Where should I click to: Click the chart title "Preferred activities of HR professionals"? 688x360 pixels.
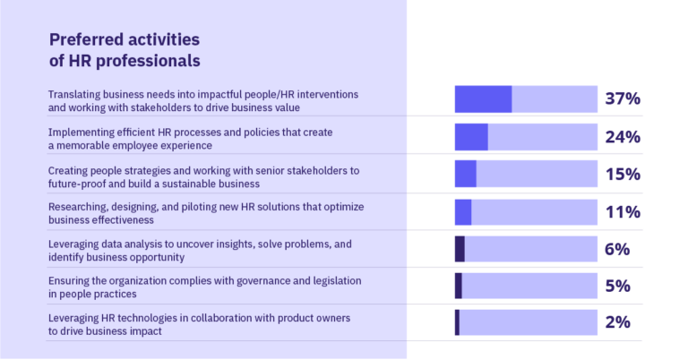click(x=124, y=50)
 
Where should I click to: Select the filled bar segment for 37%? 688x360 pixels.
click(x=483, y=99)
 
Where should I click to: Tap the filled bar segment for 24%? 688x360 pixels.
click(x=471, y=137)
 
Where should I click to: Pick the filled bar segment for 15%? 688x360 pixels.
click(x=465, y=174)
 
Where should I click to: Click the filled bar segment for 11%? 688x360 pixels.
click(x=463, y=212)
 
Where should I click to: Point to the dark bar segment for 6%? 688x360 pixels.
click(x=460, y=249)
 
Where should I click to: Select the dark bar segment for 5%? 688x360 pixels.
click(x=459, y=286)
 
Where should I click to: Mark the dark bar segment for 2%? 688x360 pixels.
click(x=457, y=322)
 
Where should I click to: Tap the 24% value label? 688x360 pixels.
click(x=622, y=137)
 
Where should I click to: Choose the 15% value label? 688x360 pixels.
click(x=622, y=175)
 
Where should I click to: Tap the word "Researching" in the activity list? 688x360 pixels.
click(x=79, y=206)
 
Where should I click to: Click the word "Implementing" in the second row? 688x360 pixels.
click(x=80, y=132)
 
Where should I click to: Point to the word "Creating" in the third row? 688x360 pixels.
click(x=68, y=169)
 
